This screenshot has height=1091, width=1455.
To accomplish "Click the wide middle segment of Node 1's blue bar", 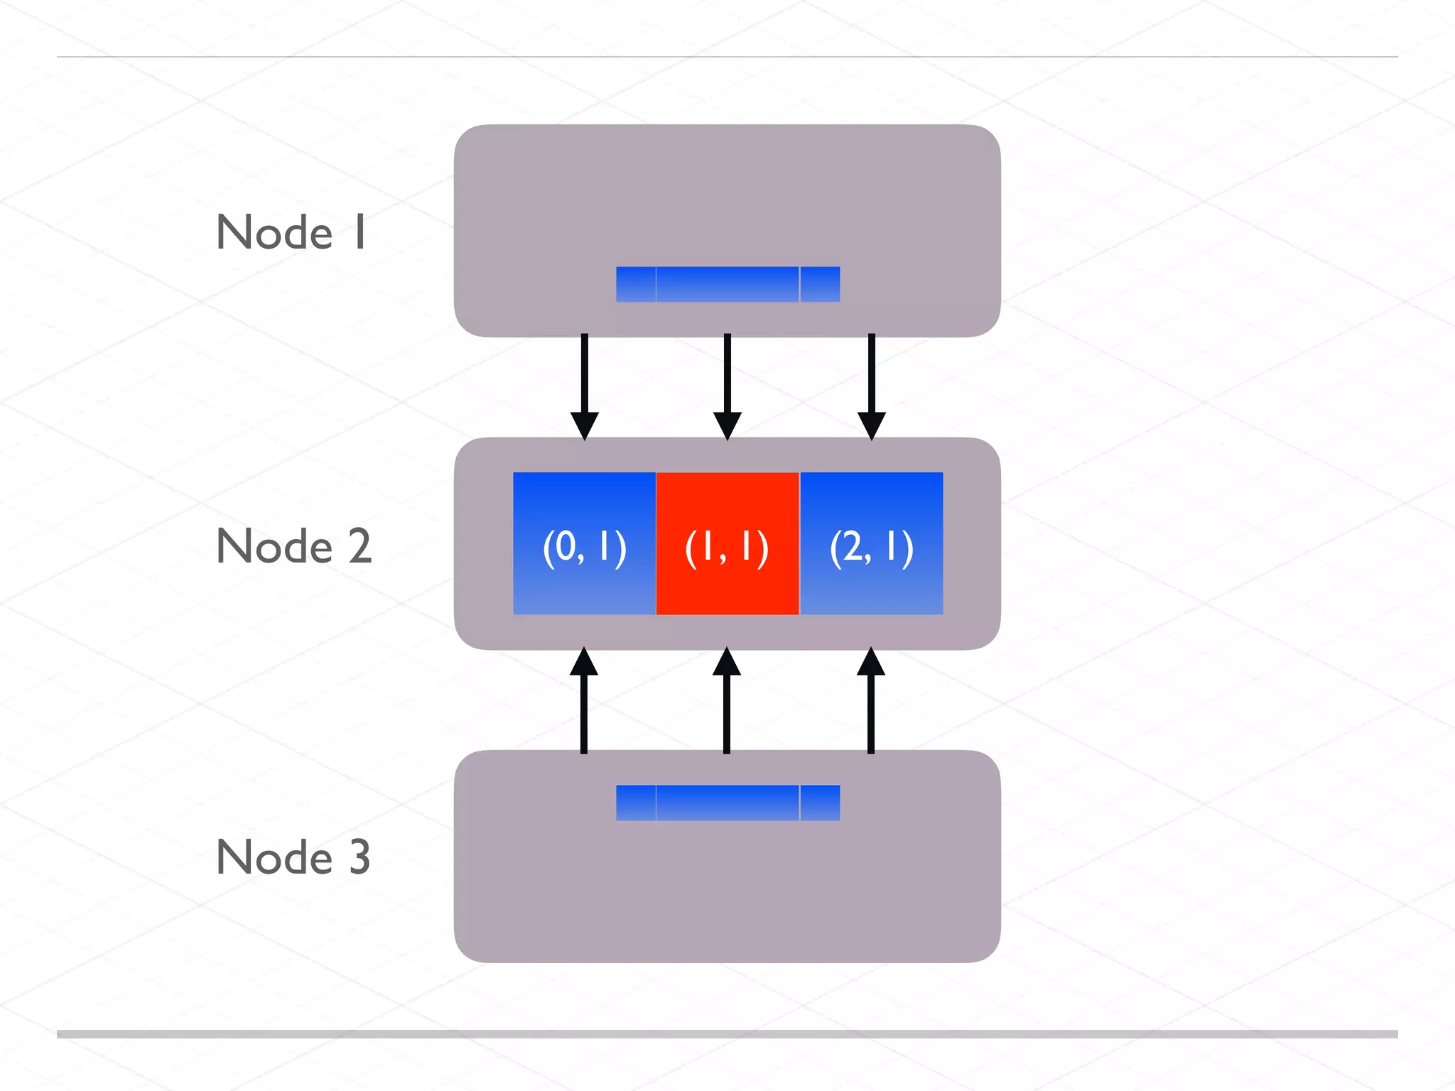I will pyautogui.click(x=727, y=284).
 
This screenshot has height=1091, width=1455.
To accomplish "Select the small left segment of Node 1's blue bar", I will pyautogui.click(x=635, y=284).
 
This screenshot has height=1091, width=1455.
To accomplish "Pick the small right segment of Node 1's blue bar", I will pyautogui.click(x=821, y=284).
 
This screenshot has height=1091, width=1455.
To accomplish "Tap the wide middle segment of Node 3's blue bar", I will pyautogui.click(x=727, y=803).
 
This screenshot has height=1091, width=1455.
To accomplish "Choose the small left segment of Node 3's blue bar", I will pyautogui.click(x=635, y=803).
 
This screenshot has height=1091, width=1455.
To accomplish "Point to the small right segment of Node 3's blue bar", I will pyautogui.click(x=821, y=803).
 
